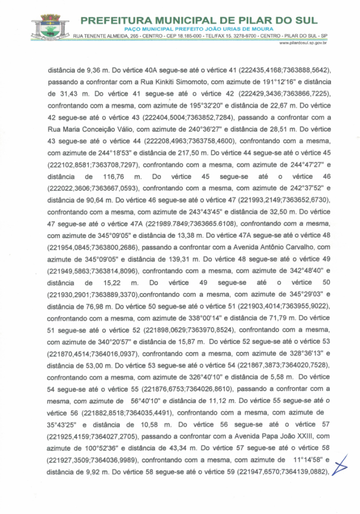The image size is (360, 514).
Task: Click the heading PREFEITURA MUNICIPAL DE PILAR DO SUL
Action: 199,21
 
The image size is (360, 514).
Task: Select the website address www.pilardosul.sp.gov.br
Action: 303,44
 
